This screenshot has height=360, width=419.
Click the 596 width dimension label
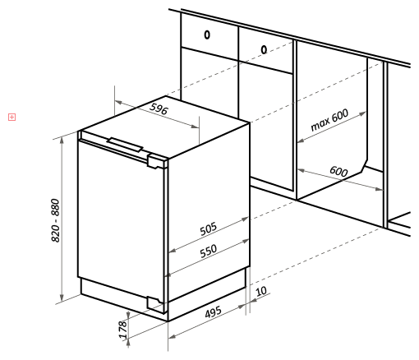point(159,108)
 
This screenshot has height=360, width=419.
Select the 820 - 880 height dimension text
point(56,220)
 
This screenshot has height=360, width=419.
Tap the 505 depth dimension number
point(209,228)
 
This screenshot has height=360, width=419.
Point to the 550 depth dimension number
point(209,252)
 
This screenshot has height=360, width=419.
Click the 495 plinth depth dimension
point(214,312)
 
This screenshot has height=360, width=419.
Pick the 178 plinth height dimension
point(123,330)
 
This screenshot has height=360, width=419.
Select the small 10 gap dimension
point(261,291)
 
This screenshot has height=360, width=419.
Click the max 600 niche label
point(329,120)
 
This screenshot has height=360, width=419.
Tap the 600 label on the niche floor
point(338,171)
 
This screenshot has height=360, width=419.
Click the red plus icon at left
point(12,118)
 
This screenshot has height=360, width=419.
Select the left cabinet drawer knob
point(207,35)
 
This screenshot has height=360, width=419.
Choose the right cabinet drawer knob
point(264,50)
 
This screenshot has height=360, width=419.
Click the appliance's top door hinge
point(157,161)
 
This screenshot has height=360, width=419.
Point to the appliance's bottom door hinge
point(155,304)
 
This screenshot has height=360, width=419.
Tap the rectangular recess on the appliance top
point(125,145)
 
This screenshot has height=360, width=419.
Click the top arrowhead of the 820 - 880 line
point(62,140)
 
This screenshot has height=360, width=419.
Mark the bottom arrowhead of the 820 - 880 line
point(62,298)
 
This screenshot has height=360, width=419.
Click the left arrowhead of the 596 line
point(118,103)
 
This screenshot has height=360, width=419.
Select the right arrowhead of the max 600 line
point(362,113)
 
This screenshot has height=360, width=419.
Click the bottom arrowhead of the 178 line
point(128,344)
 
